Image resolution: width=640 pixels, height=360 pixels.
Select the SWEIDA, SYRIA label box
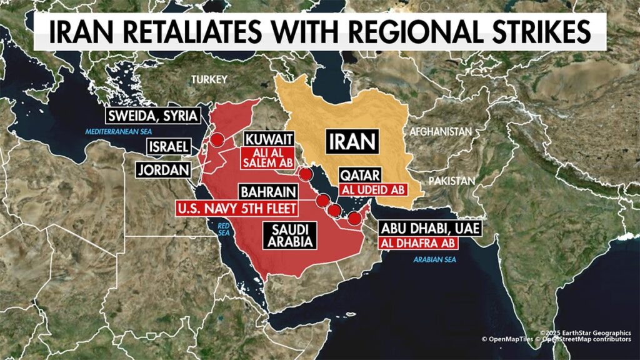click(x=152, y=116)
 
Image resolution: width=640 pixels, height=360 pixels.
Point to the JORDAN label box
click(x=165, y=169)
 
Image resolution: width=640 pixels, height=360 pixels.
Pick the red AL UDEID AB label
click(x=372, y=188)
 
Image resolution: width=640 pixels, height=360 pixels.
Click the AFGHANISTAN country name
click(x=440, y=132)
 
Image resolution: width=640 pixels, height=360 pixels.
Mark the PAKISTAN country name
click(x=451, y=180)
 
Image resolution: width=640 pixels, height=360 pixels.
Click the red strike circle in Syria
click(x=217, y=140)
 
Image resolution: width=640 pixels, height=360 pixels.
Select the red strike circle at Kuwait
click(x=306, y=174)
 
